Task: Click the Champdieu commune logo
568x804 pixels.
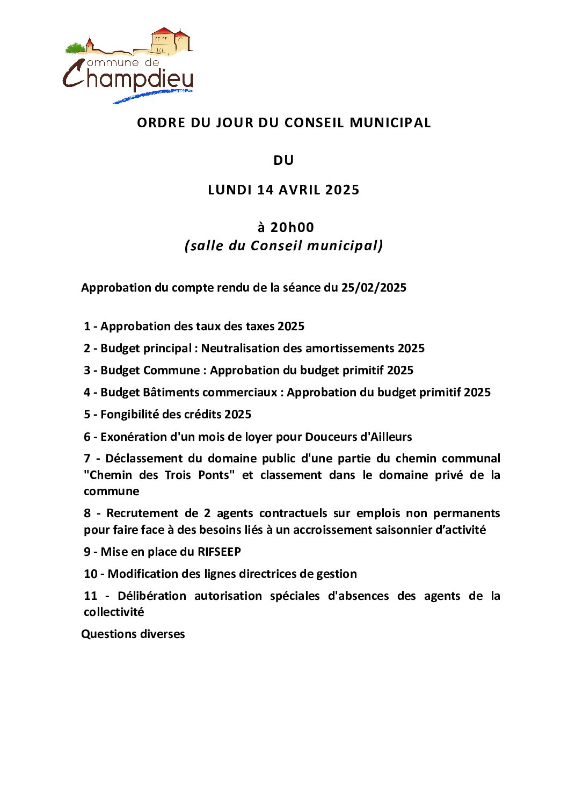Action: pyautogui.click(x=128, y=66)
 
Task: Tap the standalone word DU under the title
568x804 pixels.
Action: pyautogui.click(x=283, y=161)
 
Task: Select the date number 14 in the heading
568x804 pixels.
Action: pyautogui.click(x=265, y=190)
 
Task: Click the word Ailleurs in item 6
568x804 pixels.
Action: pyautogui.click(x=391, y=437)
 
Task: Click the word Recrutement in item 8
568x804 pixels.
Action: pyautogui.click(x=142, y=513)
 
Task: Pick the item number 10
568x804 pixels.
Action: pyautogui.click(x=90, y=574)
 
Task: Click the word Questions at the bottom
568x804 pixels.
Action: pyautogui.click(x=106, y=634)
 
